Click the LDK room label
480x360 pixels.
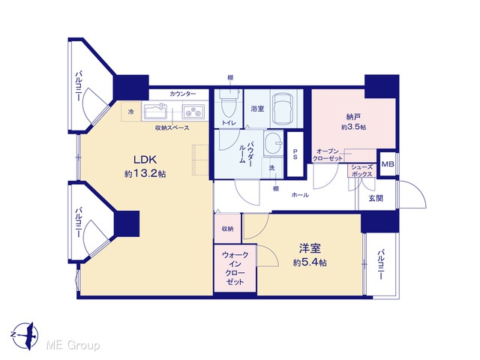click(x=145, y=160)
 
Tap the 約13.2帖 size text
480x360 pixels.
click(x=145, y=174)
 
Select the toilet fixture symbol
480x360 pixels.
click(x=227, y=103)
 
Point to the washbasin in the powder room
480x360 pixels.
click(x=274, y=144)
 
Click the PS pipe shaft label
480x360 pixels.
click(x=295, y=154)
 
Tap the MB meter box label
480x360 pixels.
click(x=388, y=164)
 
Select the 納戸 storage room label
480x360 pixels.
click(x=353, y=117)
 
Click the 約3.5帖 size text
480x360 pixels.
click(x=353, y=127)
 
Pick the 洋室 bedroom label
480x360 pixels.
click(x=310, y=248)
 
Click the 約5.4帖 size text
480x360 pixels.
click(x=310, y=262)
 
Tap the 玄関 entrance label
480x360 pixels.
click(x=376, y=198)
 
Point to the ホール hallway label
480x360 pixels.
click(x=300, y=195)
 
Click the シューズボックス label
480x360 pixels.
click(x=362, y=170)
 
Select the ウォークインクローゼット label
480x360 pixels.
click(x=235, y=268)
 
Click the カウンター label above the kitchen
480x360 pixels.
click(x=183, y=94)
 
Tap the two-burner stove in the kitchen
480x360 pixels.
click(x=193, y=112)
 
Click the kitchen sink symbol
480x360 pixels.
click(x=155, y=112)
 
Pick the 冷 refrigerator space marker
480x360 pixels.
click(x=131, y=112)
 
